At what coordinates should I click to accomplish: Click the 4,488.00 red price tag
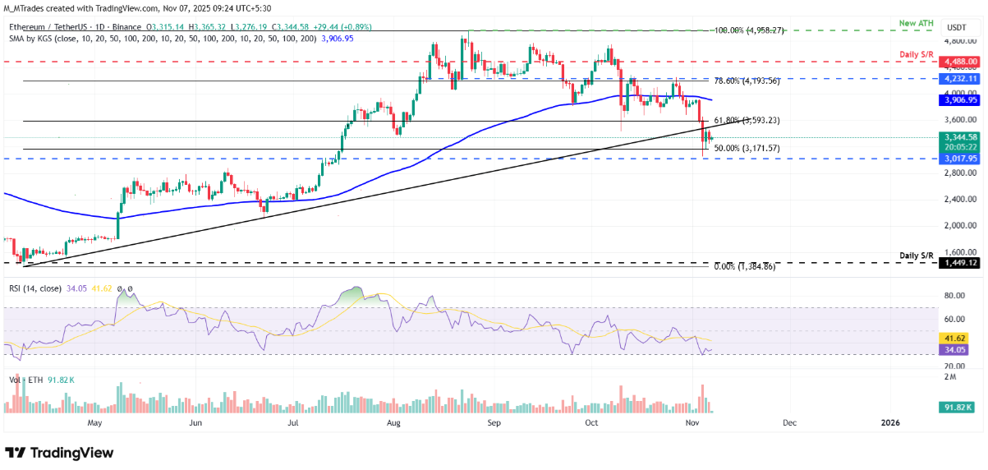(x=960, y=62)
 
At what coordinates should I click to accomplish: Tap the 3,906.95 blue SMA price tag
(x=960, y=100)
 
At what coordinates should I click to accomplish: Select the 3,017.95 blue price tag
(x=960, y=159)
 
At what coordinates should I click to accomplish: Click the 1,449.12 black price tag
(x=960, y=263)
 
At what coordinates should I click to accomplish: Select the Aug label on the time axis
(x=395, y=423)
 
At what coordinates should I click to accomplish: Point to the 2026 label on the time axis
(x=890, y=423)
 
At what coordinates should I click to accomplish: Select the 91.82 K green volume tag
(x=958, y=406)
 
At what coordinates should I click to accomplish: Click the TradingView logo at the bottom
(x=59, y=453)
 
